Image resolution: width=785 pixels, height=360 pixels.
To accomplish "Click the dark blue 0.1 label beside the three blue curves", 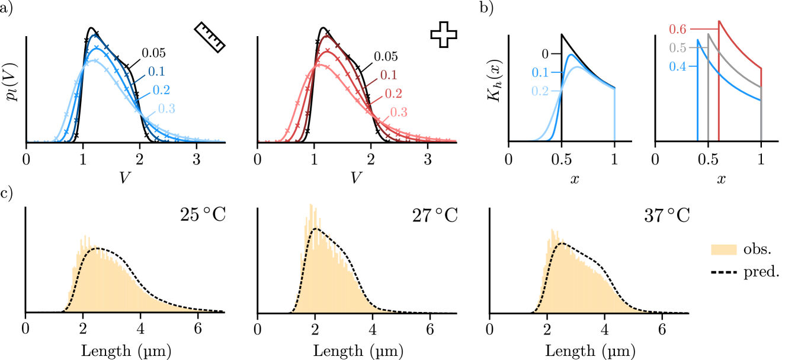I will [x=156, y=72].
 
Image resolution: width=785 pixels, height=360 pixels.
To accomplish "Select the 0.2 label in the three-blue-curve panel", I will [x=161, y=90].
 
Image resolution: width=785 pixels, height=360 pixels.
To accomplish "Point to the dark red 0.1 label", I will [x=388, y=75].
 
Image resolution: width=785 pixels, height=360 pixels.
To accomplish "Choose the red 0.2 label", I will [x=393, y=94].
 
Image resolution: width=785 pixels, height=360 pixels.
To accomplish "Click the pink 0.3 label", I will [x=398, y=112].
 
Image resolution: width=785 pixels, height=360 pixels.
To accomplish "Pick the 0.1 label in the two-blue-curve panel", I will [x=540, y=73].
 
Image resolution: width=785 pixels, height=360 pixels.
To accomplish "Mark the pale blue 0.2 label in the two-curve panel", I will [x=540, y=91].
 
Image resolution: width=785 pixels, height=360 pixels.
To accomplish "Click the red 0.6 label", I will [x=677, y=29].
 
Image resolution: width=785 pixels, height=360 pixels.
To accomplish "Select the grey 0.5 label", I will [x=677, y=48].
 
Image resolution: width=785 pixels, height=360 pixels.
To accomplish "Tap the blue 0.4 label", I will [x=677, y=66].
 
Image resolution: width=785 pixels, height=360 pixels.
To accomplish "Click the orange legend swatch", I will [x=723, y=249].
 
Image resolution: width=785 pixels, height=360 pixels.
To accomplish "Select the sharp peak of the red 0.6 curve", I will [x=719, y=21].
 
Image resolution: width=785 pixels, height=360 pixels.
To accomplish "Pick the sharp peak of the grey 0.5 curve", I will [x=707, y=34].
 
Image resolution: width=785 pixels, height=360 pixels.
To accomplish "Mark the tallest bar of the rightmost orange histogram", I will [x=553, y=230].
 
